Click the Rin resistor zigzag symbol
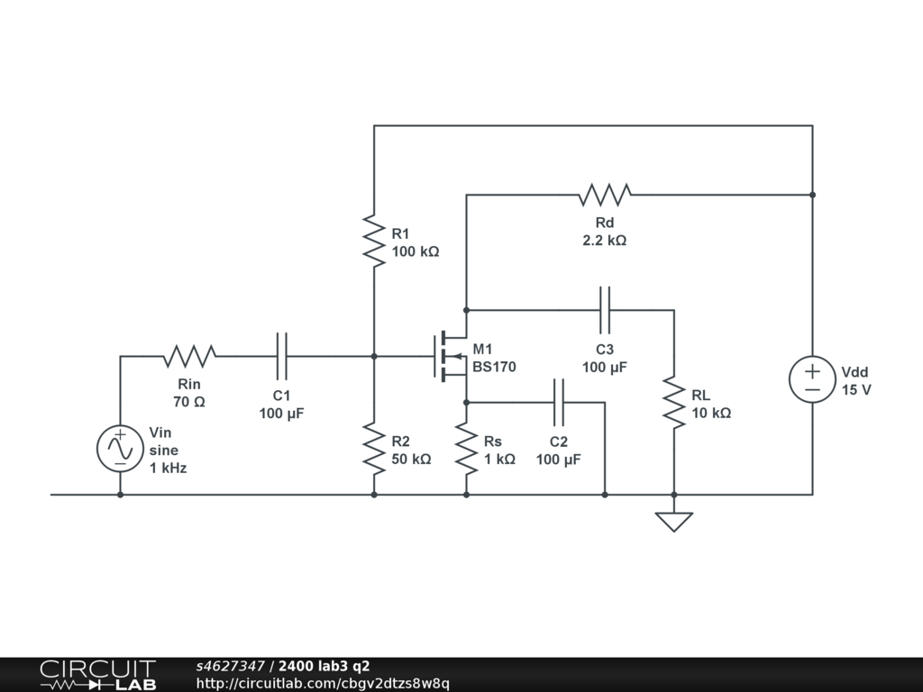pos(189,357)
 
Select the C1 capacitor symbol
pos(282,356)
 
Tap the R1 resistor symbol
pos(374,241)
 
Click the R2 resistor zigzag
pos(374,449)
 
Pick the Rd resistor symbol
pos(605,195)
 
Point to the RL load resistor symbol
pos(674,403)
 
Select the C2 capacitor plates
pos(559,403)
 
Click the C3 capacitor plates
pos(605,310)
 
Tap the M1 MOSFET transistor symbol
pos(451,356)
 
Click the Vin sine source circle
pos(120,449)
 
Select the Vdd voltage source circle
pos(812,379)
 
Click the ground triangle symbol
pos(674,522)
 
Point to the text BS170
pos(494,367)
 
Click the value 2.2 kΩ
pos(605,240)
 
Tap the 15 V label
pos(856,389)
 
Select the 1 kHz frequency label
pos(168,468)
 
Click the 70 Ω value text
pos(189,401)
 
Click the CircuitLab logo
pos(98,675)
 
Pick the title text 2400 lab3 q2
pos(324,666)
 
